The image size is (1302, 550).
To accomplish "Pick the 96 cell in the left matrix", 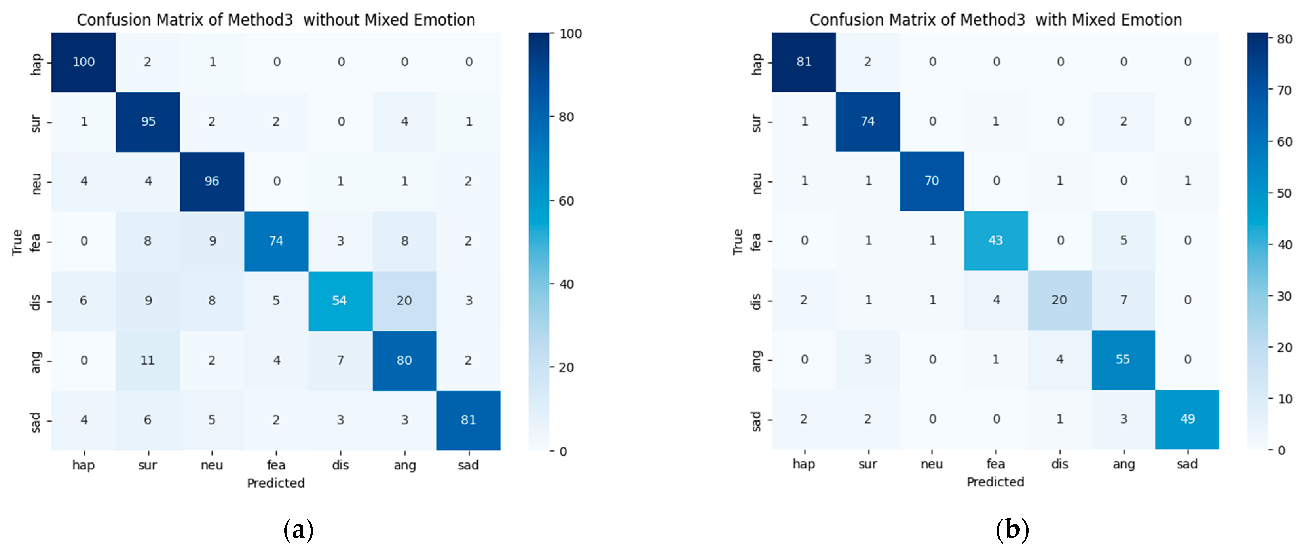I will (212, 181).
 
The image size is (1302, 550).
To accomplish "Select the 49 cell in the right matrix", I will (1187, 419).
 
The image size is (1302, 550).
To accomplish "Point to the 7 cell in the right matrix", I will (1123, 300).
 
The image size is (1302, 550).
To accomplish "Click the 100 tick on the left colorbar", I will (571, 34).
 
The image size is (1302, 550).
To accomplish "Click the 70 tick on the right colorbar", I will (1284, 90).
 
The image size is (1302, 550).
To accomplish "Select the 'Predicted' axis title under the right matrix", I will (995, 482).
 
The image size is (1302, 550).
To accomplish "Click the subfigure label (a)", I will (299, 530).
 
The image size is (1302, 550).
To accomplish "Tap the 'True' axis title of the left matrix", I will (17, 242).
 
